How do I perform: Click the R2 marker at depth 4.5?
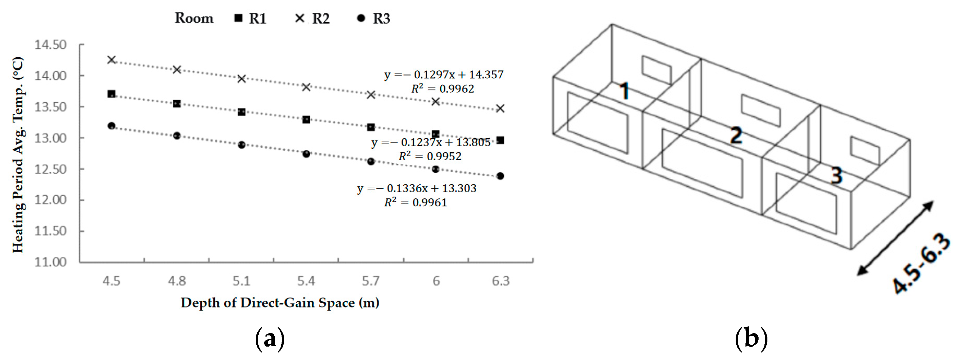[111, 59]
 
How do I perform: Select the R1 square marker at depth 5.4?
[306, 120]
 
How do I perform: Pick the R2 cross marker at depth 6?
[436, 101]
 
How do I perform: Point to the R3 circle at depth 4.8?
[177, 136]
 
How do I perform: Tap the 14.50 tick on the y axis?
[50, 45]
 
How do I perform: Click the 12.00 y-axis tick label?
[50, 200]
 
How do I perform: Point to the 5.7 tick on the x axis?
[370, 281]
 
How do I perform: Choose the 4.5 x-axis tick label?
[111, 281]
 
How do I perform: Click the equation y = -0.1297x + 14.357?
[444, 74]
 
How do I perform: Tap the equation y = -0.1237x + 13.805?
[431, 142]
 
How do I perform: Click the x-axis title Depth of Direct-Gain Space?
[280, 303]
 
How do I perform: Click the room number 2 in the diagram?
[736, 135]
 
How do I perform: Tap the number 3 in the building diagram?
[837, 175]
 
